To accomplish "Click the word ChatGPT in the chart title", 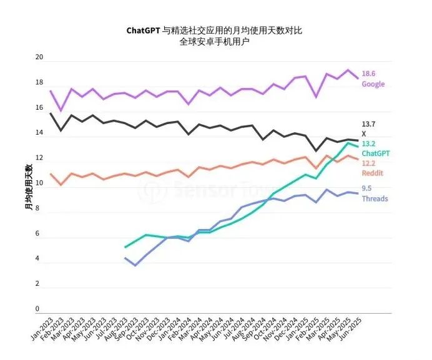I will (x=143, y=29).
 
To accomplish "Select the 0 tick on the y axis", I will (x=37, y=309).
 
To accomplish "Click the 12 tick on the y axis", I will (x=39, y=158).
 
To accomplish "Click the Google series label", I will (x=373, y=84).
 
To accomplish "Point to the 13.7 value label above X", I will (x=369, y=124).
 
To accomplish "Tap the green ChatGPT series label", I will (x=376, y=153).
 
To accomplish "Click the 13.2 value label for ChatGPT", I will (x=369, y=144).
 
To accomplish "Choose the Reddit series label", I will (x=373, y=173).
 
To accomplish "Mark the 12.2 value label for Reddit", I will (x=369, y=163).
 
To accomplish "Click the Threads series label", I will (x=375, y=199).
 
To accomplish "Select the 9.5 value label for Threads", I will (x=367, y=189).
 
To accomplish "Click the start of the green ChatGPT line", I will (x=125, y=248).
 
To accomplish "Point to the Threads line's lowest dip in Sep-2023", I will (x=136, y=266).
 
